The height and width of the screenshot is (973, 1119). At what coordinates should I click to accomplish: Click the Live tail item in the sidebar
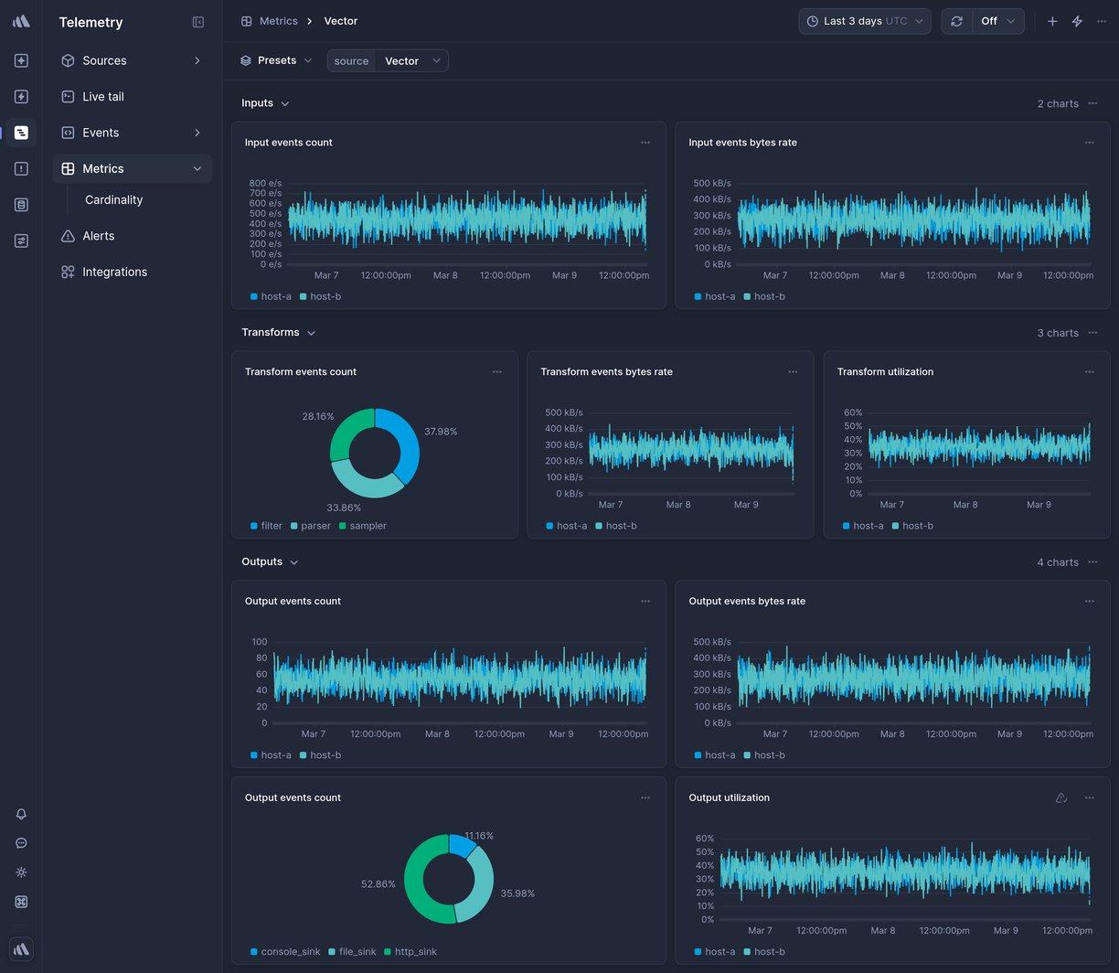pos(102,96)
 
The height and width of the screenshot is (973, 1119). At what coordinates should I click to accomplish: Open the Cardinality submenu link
pos(113,199)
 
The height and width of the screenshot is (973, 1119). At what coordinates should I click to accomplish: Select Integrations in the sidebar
pos(114,272)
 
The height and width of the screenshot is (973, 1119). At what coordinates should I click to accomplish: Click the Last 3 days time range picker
pos(864,21)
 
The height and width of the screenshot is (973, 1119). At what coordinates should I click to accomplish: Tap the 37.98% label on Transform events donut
pos(441,432)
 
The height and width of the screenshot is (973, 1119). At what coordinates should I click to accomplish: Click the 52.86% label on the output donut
pos(378,884)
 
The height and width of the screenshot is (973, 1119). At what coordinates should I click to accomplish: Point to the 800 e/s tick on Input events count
pos(265,183)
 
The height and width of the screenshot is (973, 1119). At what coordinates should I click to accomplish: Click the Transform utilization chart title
pos(885,371)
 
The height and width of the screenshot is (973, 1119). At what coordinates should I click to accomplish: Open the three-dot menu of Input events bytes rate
pos(1089,143)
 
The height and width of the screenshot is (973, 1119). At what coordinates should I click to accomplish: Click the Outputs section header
pos(262,561)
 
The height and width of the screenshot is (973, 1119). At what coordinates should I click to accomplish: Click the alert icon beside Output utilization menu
pos(1061,797)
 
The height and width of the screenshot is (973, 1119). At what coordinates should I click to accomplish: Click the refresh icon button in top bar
pos(956,21)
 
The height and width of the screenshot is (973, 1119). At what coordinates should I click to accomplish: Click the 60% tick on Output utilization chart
pos(704,839)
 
